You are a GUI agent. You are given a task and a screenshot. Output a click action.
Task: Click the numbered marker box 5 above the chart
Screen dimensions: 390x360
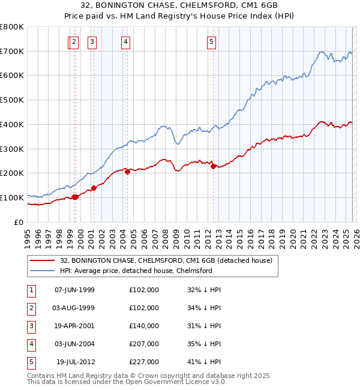212,41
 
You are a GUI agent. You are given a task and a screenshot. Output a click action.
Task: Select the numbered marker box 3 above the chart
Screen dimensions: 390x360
92,41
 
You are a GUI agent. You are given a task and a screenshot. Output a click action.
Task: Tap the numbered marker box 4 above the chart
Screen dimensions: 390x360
125,41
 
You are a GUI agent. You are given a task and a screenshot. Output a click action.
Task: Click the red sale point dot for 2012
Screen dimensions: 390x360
213,167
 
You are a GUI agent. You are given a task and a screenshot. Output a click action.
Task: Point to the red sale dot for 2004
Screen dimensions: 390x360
127,172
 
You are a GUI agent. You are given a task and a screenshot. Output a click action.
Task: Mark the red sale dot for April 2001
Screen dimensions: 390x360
94,188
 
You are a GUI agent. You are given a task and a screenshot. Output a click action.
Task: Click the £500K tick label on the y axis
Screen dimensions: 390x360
11,100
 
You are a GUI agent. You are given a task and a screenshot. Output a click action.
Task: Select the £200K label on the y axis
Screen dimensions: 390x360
11,173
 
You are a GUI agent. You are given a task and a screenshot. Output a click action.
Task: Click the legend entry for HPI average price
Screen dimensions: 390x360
136,271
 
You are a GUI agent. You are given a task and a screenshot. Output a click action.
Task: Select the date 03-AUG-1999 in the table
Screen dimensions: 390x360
74,307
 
